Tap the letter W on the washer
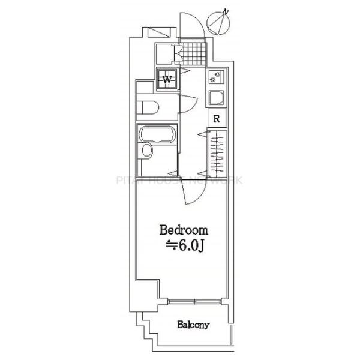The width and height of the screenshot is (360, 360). click(167, 78)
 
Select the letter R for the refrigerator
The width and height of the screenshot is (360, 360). click(217, 118)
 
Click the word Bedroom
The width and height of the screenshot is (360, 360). click(183, 230)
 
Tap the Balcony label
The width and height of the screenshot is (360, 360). click(193, 326)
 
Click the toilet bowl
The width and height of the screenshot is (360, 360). click(148, 108)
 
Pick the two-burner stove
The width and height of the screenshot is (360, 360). click(217, 76)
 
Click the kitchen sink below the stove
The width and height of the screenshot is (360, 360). click(217, 97)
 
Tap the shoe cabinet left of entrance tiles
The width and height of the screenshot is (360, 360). click(166, 54)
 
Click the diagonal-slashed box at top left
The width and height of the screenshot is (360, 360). click(159, 31)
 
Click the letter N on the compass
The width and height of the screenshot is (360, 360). click(226, 11)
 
